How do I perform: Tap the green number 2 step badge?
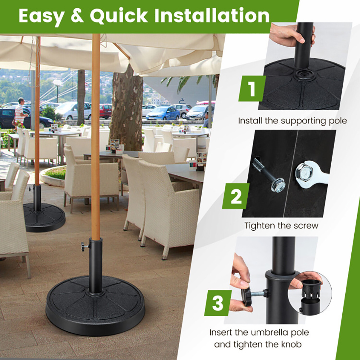tap(236, 196)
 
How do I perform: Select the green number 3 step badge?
tap(218, 303)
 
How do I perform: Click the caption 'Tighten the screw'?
tap(282, 226)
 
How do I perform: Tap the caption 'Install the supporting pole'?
tap(292, 120)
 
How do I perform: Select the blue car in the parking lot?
tap(163, 113)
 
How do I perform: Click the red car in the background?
tap(105, 111)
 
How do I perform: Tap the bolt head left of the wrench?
tap(278, 185)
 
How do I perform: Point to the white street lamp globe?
tap(57, 82)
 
